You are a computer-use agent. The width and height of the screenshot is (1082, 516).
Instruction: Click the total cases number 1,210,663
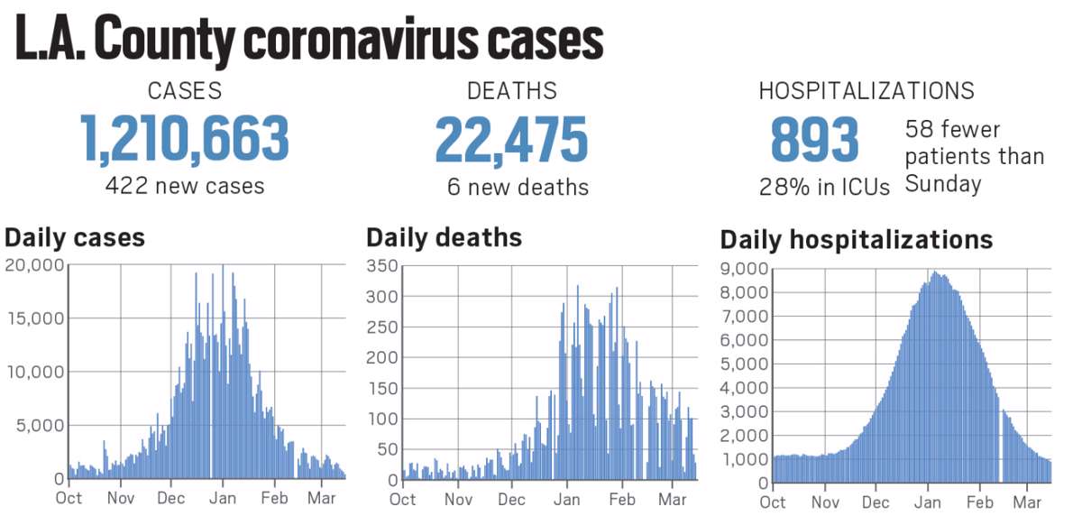pos(185,139)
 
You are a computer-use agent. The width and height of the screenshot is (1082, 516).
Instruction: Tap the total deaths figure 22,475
pos(511,139)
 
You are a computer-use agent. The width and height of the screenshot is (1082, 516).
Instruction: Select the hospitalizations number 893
pos(814,139)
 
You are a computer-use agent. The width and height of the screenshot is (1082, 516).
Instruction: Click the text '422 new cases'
pos(185,186)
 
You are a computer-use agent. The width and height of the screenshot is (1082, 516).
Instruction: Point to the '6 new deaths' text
pos(518,187)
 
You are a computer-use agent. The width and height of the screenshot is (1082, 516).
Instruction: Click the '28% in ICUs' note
pos(824,187)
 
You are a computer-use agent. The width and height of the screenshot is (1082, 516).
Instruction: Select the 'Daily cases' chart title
pos(75,237)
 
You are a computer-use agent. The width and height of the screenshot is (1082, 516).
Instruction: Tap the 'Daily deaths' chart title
pos(444,237)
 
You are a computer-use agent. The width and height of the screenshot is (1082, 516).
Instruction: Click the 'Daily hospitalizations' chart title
pos(856,240)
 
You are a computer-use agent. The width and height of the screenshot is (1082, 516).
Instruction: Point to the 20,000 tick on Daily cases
pos(34,264)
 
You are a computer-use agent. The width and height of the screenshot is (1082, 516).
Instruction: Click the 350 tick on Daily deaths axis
pos(383,266)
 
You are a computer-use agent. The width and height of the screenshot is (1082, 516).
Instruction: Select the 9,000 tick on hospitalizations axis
pos(744,269)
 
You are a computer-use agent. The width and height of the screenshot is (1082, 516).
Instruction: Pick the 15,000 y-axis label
pos(34,318)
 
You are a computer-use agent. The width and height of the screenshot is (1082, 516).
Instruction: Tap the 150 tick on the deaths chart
pos(383,388)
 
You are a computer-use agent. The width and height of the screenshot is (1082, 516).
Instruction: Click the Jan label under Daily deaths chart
pos(567,499)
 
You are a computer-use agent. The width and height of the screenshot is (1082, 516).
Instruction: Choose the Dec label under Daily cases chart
pos(171,497)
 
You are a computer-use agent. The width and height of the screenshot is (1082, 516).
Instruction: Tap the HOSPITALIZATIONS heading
pos(866,91)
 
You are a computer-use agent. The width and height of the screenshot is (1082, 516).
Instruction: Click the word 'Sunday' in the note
pos(942,184)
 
